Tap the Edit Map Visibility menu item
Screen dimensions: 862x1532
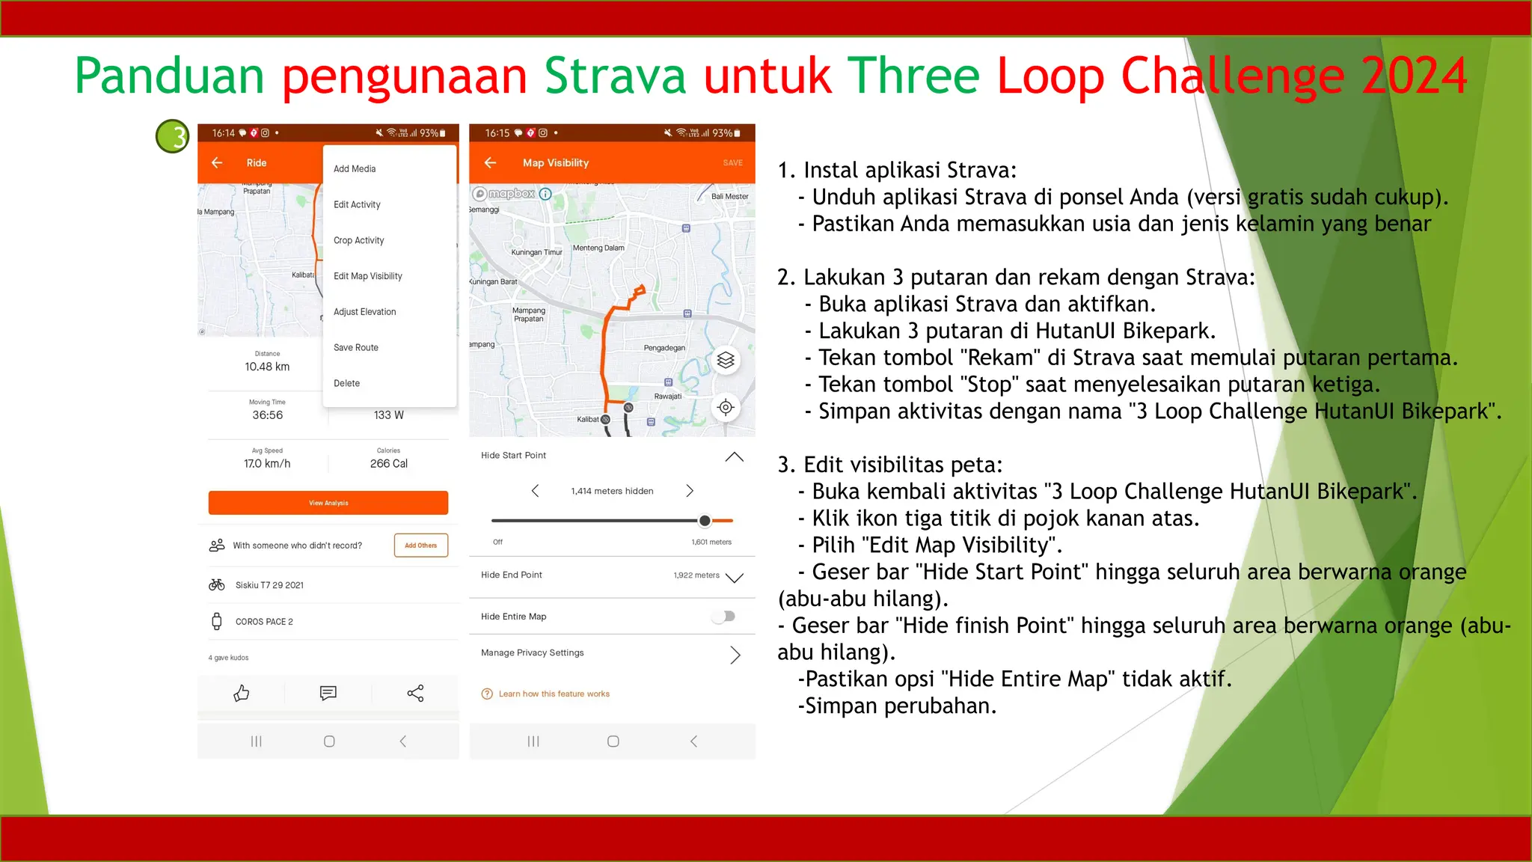[367, 276]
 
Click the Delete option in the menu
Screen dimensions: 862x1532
[346, 383]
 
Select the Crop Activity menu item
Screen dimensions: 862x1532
[358, 240]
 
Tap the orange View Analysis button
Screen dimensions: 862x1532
[328, 503]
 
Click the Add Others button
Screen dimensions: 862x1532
[420, 545]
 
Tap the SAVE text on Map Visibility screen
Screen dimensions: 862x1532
[732, 163]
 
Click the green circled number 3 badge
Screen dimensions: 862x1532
[173, 136]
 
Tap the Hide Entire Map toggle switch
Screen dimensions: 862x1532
[724, 617]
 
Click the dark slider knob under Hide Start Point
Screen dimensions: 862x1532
[705, 521]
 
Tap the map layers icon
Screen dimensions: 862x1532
[726, 361]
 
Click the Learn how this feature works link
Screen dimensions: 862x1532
[554, 694]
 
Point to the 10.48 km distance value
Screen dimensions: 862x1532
[267, 367]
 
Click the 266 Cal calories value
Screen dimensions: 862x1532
[389, 464]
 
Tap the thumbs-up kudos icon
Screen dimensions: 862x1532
[241, 694]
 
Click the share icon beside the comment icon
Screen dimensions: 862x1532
[415, 694]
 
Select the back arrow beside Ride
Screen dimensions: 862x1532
[217, 163]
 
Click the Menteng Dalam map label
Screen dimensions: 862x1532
[598, 248]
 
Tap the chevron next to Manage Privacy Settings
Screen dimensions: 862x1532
[735, 655]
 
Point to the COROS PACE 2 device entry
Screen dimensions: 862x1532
[264, 622]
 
